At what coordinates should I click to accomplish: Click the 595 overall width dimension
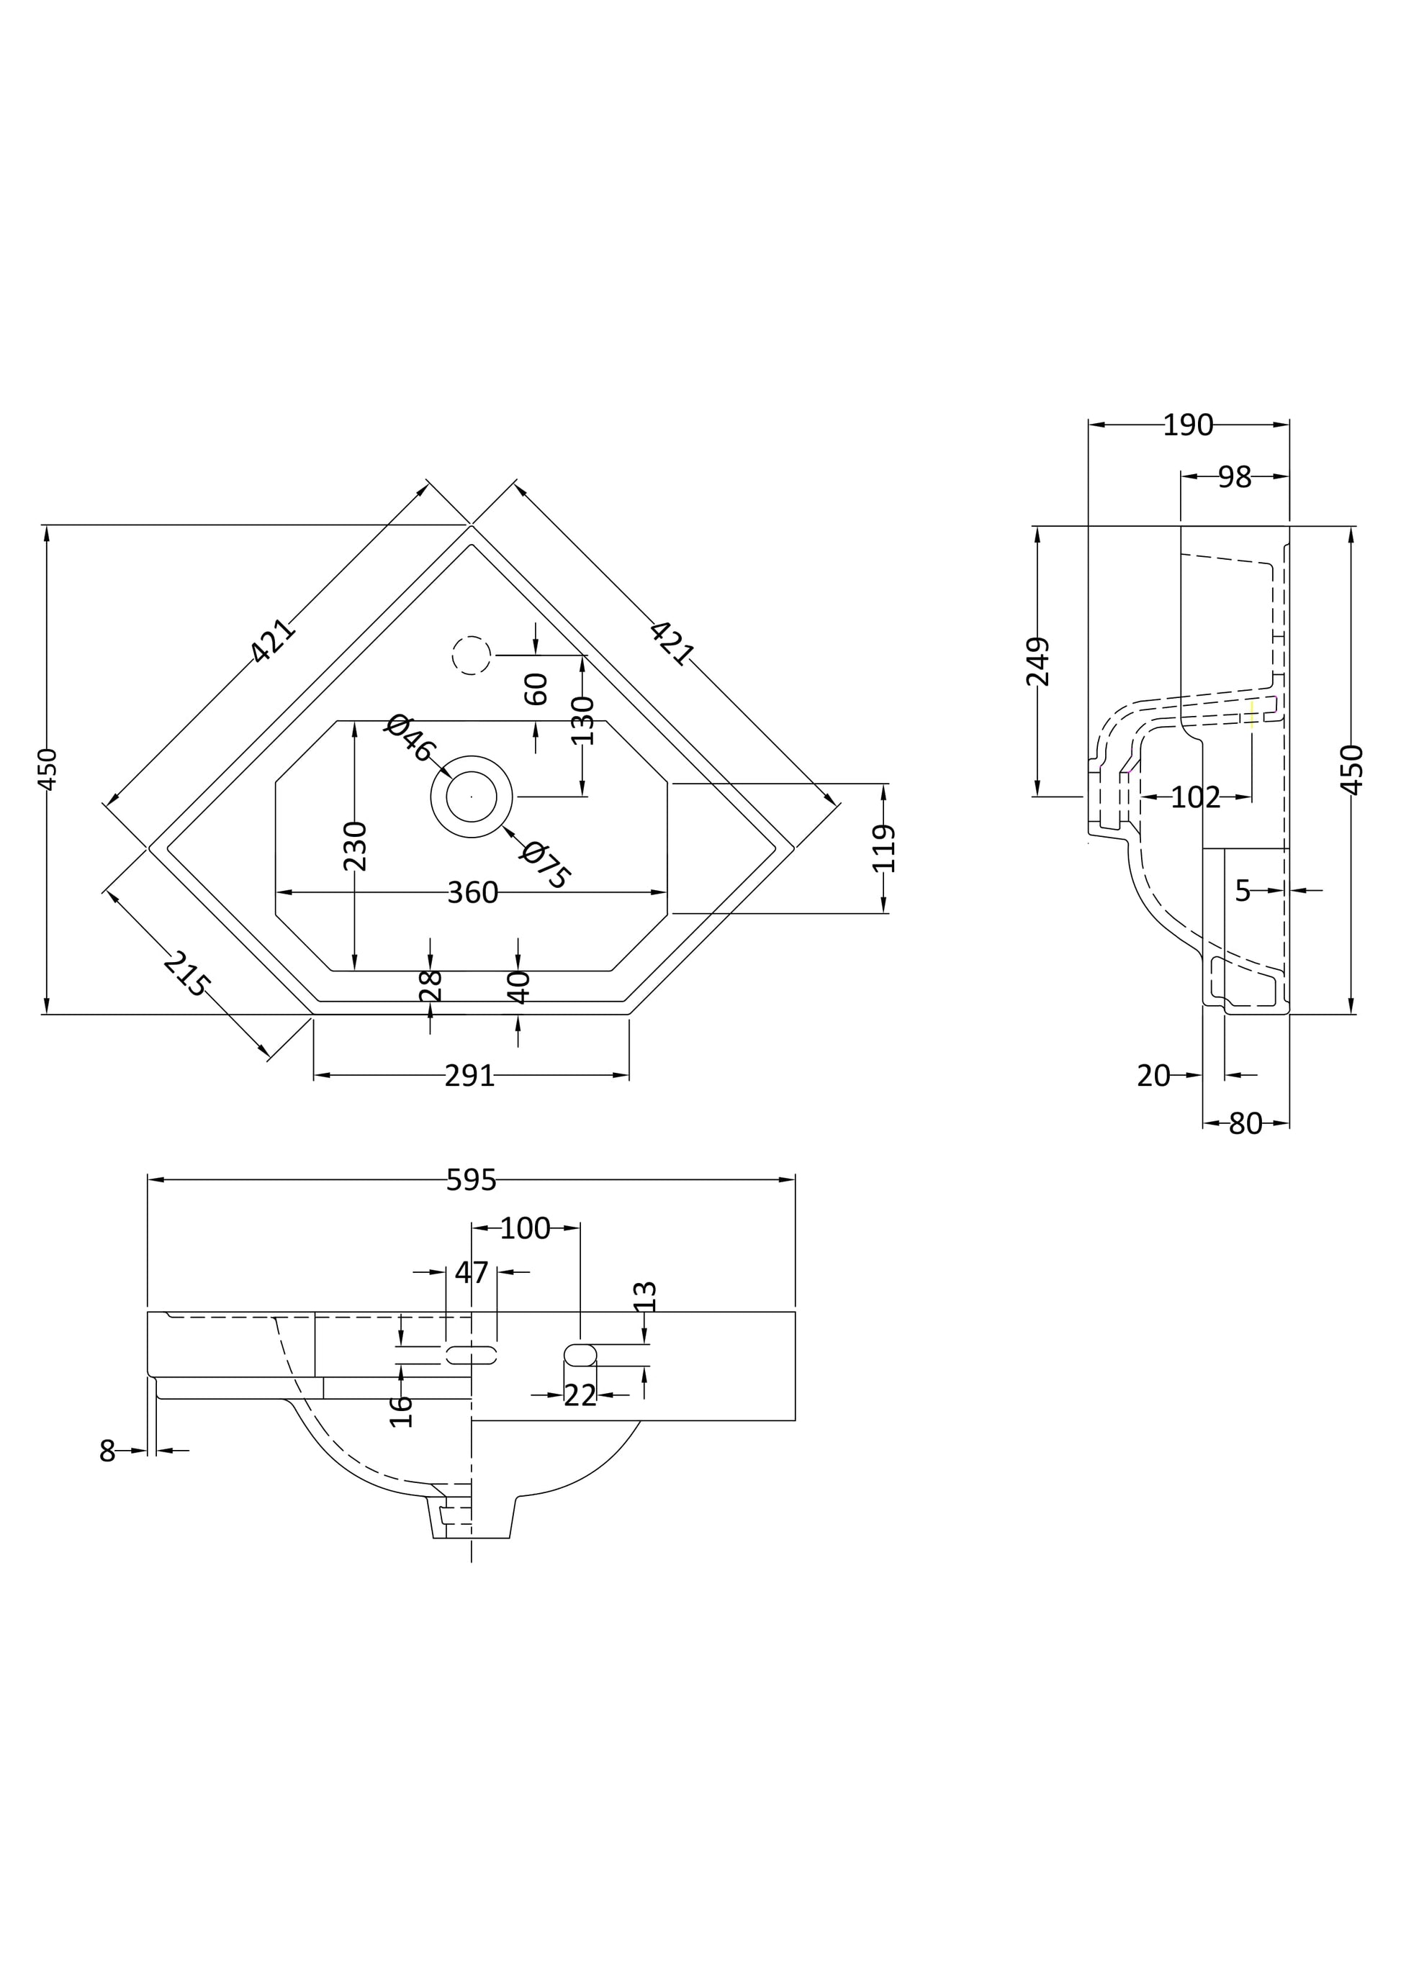coord(472,1180)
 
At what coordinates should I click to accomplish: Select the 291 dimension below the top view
coord(469,1076)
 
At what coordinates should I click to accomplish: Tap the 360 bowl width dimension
coord(472,893)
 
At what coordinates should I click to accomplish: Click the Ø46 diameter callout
coord(409,738)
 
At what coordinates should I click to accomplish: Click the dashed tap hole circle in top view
coord(472,656)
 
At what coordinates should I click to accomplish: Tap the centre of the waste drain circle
coord(472,797)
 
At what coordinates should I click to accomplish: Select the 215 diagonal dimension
coord(186,974)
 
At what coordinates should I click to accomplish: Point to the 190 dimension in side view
coord(1188,425)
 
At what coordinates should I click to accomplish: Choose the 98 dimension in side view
coord(1235,477)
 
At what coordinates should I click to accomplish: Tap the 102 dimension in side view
coord(1196,798)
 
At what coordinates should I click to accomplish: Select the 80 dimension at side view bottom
coord(1245,1124)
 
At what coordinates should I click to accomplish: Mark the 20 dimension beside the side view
coord(1153,1076)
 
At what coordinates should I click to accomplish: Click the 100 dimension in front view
coord(525,1228)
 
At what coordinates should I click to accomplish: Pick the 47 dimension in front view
coord(472,1273)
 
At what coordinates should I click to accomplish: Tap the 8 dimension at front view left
coord(107,1451)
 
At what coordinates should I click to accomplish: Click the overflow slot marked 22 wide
coord(580,1354)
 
